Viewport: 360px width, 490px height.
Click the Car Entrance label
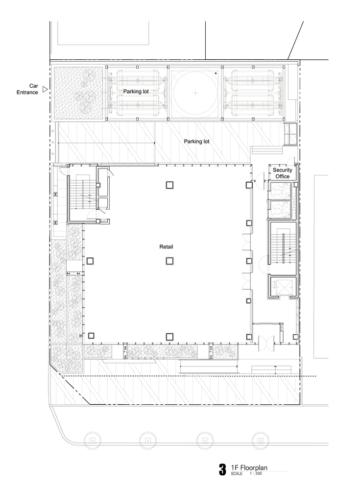[x=27, y=89]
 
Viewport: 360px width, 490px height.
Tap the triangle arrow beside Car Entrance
[x=45, y=89]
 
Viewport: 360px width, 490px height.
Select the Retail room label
[x=166, y=247]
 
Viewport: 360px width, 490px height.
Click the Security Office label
[x=283, y=173]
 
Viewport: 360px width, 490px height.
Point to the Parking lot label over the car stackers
[x=136, y=92]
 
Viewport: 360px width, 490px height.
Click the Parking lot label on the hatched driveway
[x=196, y=142]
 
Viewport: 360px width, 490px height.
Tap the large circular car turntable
[x=195, y=93]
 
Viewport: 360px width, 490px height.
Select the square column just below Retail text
[x=169, y=261]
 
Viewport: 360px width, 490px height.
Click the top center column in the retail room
[x=169, y=185]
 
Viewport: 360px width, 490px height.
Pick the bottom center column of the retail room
[x=169, y=337]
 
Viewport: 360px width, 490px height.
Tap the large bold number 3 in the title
[x=222, y=470]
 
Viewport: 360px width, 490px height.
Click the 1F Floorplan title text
[x=249, y=468]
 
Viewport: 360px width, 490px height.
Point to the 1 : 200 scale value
[x=256, y=474]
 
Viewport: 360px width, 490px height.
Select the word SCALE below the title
[x=237, y=474]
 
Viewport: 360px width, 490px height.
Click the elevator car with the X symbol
[x=282, y=286]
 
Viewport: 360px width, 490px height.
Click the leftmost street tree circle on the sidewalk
[x=92, y=441]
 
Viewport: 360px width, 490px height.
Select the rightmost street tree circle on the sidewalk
[x=260, y=441]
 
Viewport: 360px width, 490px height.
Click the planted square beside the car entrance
[x=78, y=93]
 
